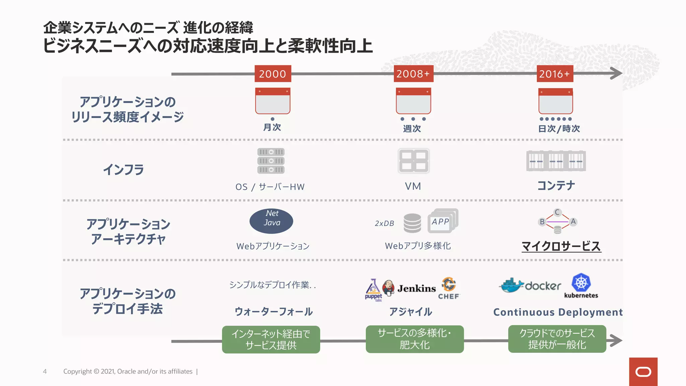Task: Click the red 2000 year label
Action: [x=273, y=74]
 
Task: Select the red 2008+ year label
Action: [x=413, y=74]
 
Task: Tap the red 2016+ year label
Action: [x=555, y=74]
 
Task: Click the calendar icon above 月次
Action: [x=273, y=101]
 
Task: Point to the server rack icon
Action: [x=271, y=161]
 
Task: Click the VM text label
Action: [x=413, y=186]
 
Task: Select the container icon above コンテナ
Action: [x=556, y=161]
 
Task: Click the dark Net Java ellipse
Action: [x=271, y=221]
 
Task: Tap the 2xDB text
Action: [x=384, y=223]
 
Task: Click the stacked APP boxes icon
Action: [x=443, y=221]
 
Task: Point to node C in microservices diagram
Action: [x=557, y=212]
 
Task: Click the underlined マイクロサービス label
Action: [x=561, y=246]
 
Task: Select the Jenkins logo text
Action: [x=417, y=288]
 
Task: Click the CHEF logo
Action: [x=449, y=288]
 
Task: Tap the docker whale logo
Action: [x=512, y=286]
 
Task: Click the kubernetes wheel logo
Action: [x=581, y=282]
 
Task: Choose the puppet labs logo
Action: [x=373, y=290]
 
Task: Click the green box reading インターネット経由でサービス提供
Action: [x=271, y=339]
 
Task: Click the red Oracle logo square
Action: [x=643, y=372]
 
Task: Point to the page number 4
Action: [x=45, y=371]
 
